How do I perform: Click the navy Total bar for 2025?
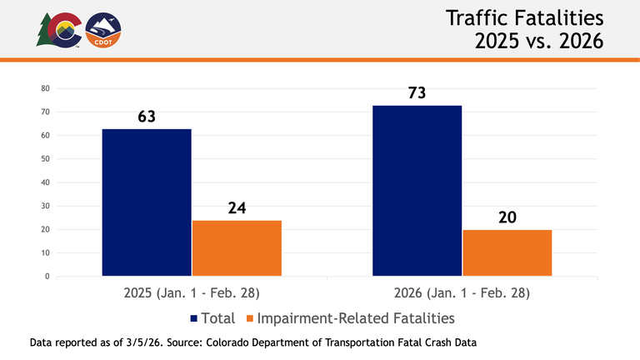click(x=147, y=202)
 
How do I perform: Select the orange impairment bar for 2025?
click(x=237, y=247)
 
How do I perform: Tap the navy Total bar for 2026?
click(x=417, y=190)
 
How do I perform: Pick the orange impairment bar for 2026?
click(x=507, y=252)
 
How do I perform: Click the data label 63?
click(x=147, y=117)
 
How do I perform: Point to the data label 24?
click(x=237, y=207)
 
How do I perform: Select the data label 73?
click(x=417, y=92)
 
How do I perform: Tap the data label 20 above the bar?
click(x=507, y=217)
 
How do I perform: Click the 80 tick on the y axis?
click(x=46, y=88)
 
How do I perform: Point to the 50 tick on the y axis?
click(x=46, y=159)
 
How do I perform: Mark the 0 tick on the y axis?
click(x=48, y=276)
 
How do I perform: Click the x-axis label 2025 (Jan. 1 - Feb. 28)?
click(x=192, y=294)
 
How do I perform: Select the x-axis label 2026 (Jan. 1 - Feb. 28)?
click(x=462, y=294)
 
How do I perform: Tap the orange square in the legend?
click(x=249, y=318)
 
